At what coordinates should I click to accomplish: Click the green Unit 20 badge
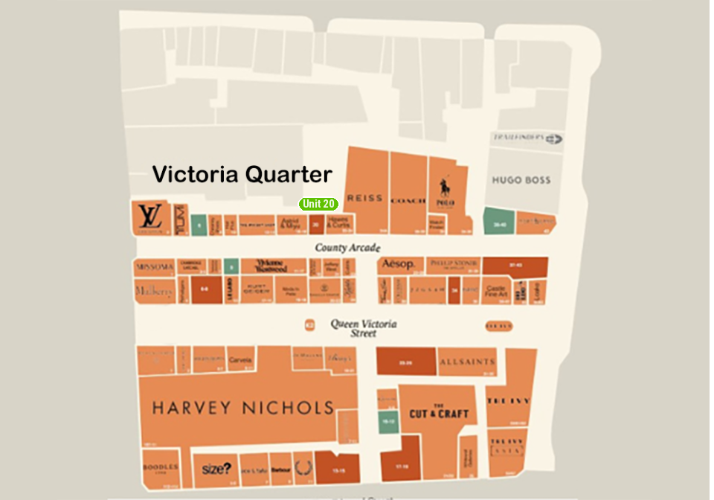tap(318, 204)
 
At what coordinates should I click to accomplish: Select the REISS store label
tap(364, 199)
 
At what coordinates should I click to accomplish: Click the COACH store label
tap(407, 200)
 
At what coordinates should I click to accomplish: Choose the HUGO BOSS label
tap(521, 180)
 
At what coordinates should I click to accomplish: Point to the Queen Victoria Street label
tap(364, 328)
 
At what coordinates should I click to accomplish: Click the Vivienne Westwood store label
tap(271, 266)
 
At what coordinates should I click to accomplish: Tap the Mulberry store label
tap(154, 290)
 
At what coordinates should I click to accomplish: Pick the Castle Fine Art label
tap(495, 291)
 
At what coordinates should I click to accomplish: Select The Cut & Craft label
tap(438, 411)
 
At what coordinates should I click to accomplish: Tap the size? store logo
tap(216, 469)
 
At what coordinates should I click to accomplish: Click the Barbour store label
tap(280, 469)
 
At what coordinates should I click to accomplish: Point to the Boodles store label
tap(158, 469)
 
